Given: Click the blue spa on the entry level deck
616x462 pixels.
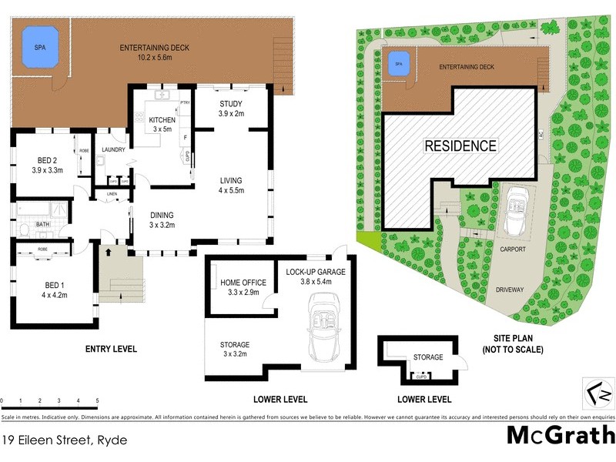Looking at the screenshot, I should pyautogui.click(x=40, y=47).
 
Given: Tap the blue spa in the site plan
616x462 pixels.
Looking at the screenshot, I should pyautogui.click(x=399, y=64).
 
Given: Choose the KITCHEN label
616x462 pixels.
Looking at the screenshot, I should pyautogui.click(x=162, y=125).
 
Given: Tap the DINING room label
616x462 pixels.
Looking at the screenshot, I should pyautogui.click(x=162, y=220).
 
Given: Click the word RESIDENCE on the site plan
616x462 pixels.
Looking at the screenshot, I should pyautogui.click(x=461, y=145).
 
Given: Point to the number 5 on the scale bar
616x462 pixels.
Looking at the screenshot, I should pyautogui.click(x=97, y=401).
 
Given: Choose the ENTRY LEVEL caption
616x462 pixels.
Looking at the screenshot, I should pyautogui.click(x=111, y=349).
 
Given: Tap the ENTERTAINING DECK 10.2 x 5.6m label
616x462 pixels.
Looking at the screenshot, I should pyautogui.click(x=154, y=52).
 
